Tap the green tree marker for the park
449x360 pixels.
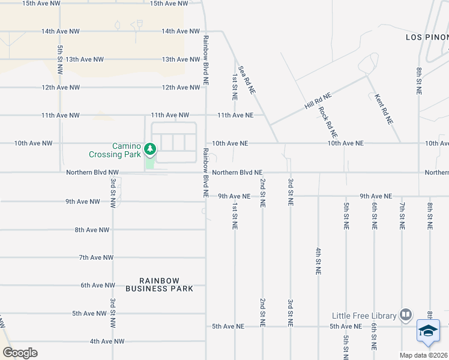pyautogui.click(x=150, y=148)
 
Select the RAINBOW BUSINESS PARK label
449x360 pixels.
pyautogui.click(x=160, y=284)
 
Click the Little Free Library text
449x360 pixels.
pyautogui.click(x=364, y=316)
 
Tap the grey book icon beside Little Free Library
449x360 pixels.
pyautogui.click(x=406, y=315)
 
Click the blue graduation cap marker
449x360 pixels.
pyautogui.click(x=429, y=332)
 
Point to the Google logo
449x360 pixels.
pyautogui.click(x=20, y=353)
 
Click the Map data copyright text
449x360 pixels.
pyautogui.click(x=424, y=355)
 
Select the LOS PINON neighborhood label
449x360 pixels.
pyautogui.click(x=426, y=37)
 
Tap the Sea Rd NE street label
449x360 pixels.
pyautogui.click(x=247, y=80)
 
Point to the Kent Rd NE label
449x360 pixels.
pyautogui.click(x=384, y=109)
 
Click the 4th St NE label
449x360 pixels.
pyautogui.click(x=318, y=260)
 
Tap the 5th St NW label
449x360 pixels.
pyautogui.click(x=60, y=59)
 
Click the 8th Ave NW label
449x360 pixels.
pyautogui.click(x=92, y=230)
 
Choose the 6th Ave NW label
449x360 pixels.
pyautogui.click(x=97, y=286)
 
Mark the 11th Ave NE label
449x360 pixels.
pyautogui.click(x=235, y=115)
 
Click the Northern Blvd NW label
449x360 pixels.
pyautogui.click(x=92, y=172)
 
